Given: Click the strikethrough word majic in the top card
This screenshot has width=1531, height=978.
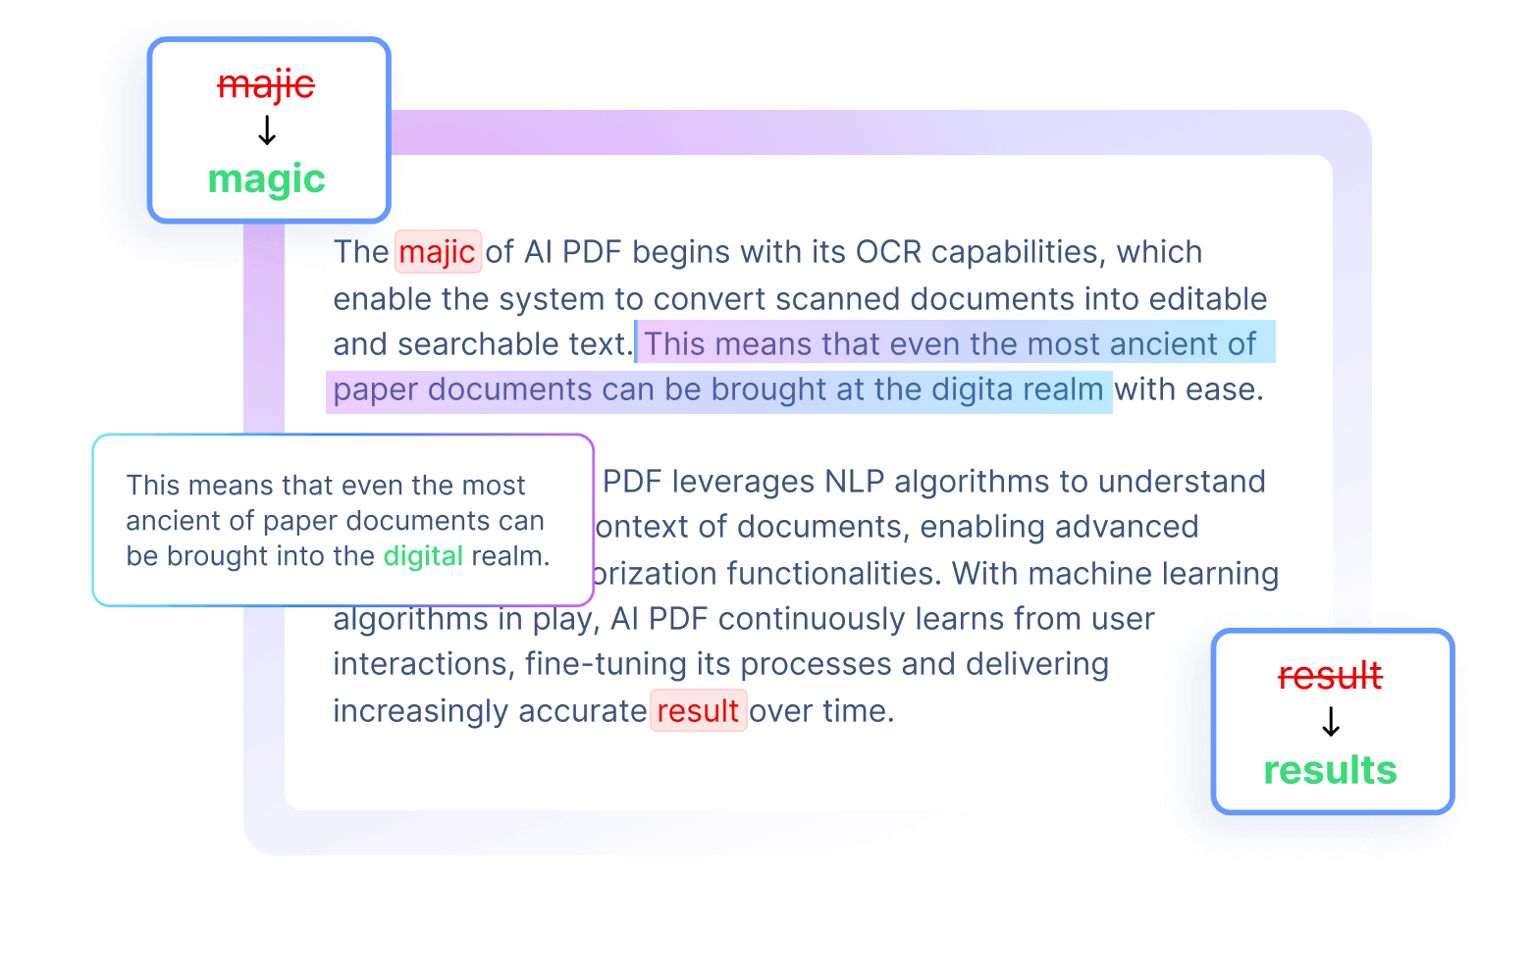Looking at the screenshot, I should pos(266,85).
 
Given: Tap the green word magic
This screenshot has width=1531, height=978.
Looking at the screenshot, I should pos(266,180).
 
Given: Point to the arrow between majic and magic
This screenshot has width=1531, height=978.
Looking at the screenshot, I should pos(266,130).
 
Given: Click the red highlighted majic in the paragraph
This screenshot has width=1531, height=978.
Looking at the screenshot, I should pos(437,252).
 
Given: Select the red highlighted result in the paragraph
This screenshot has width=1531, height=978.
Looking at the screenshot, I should pos(698,710).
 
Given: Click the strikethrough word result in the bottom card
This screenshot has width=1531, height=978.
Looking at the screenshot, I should pos(1330,676).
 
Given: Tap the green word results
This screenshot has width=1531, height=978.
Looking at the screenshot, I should pos(1330,771).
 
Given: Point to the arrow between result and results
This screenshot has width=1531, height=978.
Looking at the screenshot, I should pos(1330,723).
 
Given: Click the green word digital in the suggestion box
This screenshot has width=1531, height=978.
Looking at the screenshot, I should pos(422,556).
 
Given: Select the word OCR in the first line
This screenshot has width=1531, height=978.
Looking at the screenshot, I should pos(888,252).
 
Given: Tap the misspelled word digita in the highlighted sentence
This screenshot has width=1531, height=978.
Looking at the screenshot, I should pos(972,389).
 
